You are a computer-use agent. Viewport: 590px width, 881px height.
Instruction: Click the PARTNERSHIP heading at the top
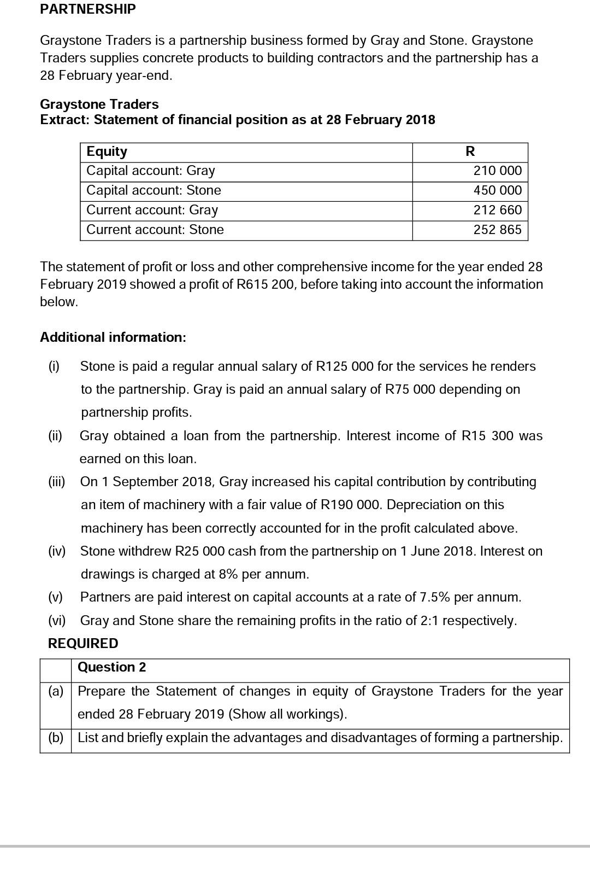(x=88, y=9)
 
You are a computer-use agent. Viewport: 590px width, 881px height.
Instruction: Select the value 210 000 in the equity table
(x=497, y=171)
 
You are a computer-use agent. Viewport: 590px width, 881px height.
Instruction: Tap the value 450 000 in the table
(x=497, y=190)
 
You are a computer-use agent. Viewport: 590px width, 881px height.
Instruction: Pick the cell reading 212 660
(x=497, y=210)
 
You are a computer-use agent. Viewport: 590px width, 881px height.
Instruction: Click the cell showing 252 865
(x=497, y=230)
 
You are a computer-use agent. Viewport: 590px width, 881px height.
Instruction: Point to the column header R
(x=470, y=151)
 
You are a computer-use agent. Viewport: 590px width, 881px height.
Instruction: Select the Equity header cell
(x=107, y=151)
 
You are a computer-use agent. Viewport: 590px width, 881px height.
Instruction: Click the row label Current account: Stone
(x=155, y=230)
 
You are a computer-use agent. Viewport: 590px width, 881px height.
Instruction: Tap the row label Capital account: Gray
(x=151, y=171)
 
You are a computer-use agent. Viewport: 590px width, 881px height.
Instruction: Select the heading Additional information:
(x=113, y=337)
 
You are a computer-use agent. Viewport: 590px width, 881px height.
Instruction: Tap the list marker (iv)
(x=57, y=551)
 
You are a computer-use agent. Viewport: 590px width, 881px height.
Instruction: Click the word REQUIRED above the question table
(x=83, y=644)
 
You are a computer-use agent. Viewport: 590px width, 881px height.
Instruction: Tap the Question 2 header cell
(x=112, y=667)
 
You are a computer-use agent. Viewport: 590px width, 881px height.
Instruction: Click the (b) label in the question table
(x=56, y=738)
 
